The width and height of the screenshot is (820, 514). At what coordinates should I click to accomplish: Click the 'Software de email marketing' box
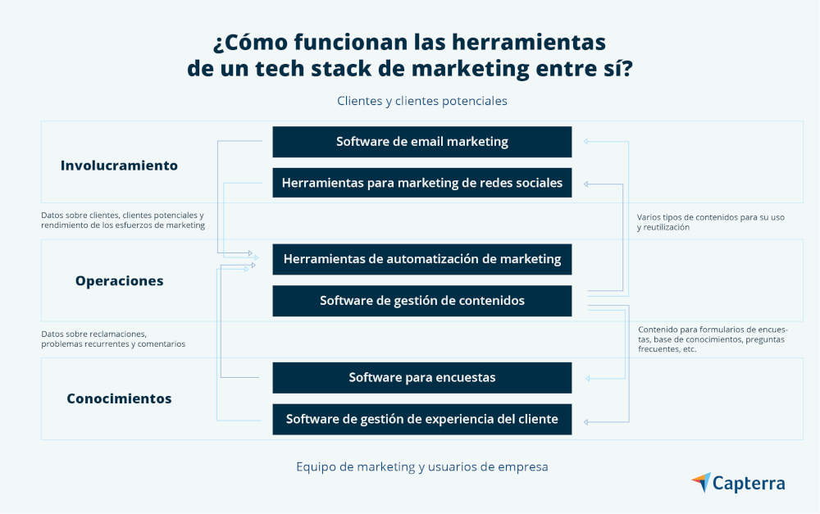click(x=421, y=142)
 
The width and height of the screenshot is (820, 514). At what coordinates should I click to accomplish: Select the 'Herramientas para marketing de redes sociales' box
click(x=421, y=183)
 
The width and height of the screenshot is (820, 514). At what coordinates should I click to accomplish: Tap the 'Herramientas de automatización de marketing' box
click(x=421, y=259)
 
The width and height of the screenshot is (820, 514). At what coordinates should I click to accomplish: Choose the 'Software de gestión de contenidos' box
click(x=421, y=301)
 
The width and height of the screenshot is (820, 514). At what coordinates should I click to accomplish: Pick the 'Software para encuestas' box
click(x=421, y=377)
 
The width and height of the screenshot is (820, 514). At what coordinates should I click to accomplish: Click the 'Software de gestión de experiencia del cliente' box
click(x=421, y=419)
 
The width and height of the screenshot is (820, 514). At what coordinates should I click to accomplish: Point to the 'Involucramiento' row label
click(x=119, y=165)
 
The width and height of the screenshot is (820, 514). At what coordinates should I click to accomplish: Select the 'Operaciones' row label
click(x=119, y=280)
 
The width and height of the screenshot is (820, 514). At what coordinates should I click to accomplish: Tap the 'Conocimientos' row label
click(x=119, y=398)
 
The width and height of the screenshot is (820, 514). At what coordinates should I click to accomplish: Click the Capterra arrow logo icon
click(x=701, y=482)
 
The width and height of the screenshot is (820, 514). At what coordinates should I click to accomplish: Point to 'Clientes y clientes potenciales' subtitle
click(x=421, y=101)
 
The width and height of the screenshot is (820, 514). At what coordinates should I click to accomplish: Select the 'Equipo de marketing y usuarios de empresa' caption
click(x=421, y=466)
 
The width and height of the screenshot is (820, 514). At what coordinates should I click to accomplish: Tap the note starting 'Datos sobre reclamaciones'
click(x=113, y=339)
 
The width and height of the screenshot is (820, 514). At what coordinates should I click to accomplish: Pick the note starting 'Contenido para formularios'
click(x=712, y=339)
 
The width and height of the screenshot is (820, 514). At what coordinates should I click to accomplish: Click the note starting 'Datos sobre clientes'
click(x=122, y=220)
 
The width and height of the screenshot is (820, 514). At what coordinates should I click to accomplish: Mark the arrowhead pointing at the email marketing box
click(x=586, y=142)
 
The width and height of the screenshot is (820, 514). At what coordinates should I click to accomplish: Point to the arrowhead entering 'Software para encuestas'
click(x=586, y=378)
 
